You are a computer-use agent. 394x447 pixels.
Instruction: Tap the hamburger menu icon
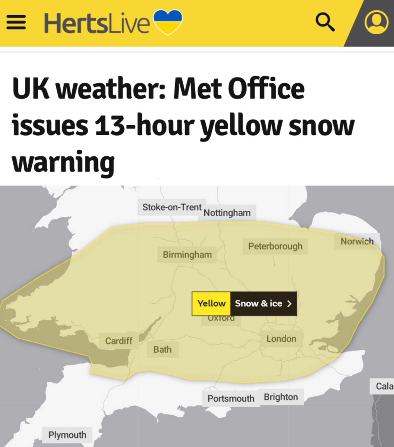tap(16, 22)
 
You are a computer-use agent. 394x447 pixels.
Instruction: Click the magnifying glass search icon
tap(325, 22)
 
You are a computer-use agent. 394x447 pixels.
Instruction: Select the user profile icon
tap(376, 22)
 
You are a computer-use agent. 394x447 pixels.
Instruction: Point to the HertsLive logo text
tap(97, 23)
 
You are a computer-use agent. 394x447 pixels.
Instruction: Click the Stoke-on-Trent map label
tap(172, 207)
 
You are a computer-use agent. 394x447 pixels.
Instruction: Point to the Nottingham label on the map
tap(227, 213)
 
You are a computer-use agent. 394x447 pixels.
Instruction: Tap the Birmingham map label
tap(187, 255)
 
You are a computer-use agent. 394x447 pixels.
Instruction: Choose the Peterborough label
tap(275, 246)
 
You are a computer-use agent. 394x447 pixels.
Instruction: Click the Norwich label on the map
tap(357, 241)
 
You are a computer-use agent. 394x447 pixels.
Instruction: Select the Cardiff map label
tap(119, 340)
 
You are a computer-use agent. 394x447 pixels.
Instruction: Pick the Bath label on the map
tap(163, 349)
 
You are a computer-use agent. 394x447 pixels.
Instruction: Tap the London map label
tap(281, 339)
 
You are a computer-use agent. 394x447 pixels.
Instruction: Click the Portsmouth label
tap(231, 398)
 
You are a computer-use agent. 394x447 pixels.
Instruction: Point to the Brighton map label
tap(281, 397)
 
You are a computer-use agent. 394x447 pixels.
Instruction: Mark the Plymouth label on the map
tap(67, 435)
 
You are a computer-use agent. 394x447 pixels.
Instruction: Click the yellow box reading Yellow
tap(211, 303)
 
